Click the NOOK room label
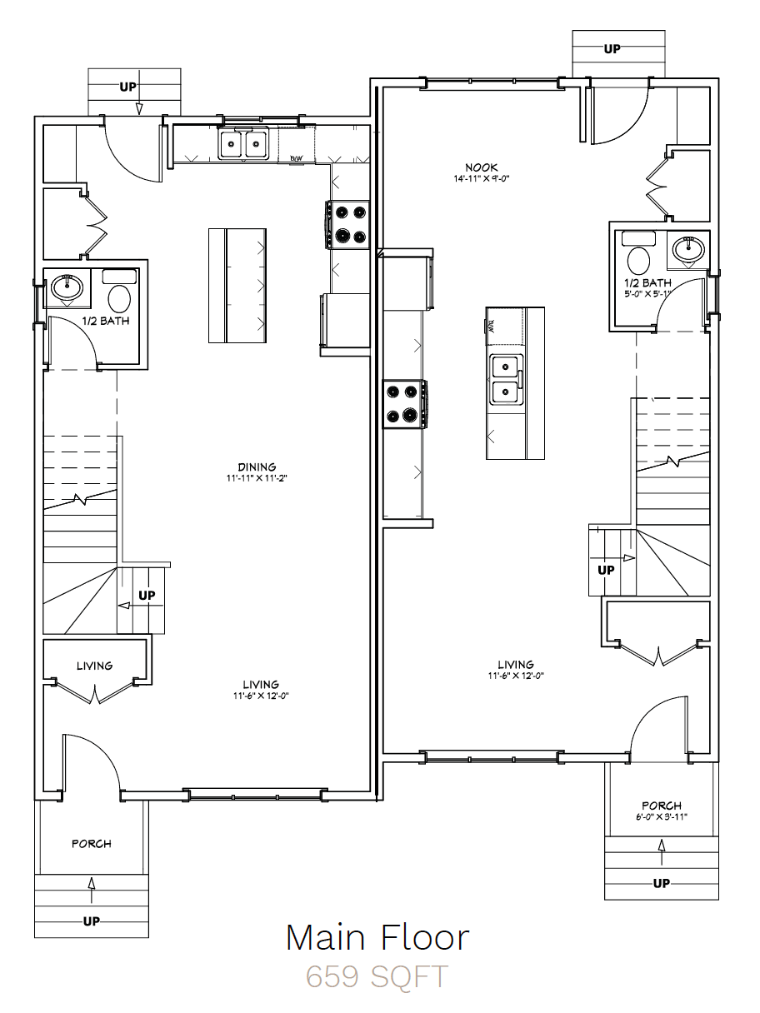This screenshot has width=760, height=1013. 482,167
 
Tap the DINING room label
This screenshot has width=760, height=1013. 257,467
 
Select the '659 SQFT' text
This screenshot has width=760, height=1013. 377,976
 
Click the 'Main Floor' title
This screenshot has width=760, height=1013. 377,937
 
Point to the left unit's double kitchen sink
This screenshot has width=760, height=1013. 243,143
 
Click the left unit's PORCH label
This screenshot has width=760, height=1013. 92,844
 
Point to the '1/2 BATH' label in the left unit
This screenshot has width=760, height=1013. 106,321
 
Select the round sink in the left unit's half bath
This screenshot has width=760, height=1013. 67,287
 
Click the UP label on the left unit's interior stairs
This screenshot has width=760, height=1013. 147,596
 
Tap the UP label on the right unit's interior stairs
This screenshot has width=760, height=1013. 606,570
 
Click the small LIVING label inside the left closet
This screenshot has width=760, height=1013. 95,666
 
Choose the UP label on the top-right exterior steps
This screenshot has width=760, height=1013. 612,49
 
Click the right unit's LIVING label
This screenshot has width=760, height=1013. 516,665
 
